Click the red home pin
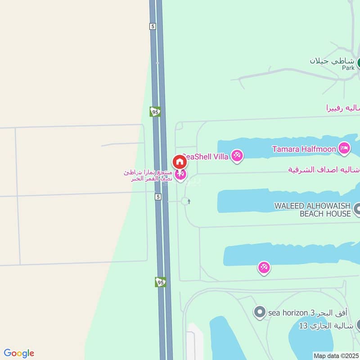(x=179, y=161)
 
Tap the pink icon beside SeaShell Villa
(x=237, y=156)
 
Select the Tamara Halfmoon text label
(x=304, y=148)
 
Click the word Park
(x=348, y=68)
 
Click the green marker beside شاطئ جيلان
(x=359, y=62)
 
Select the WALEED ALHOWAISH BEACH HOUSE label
(x=312, y=210)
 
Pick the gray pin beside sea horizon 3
(x=259, y=312)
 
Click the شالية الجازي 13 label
(x=326, y=325)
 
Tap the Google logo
(x=19, y=353)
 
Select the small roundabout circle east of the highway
(x=185, y=201)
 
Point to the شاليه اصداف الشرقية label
(x=324, y=170)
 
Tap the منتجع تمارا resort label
(x=148, y=175)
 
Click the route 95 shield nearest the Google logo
(x=161, y=282)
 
